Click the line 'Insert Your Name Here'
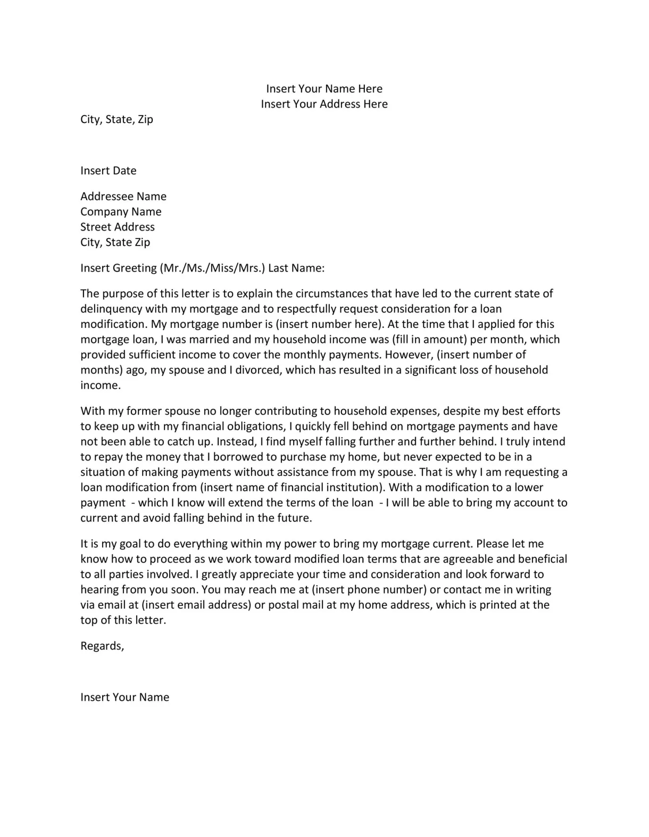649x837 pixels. point(324,88)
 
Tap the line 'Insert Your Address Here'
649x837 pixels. point(324,104)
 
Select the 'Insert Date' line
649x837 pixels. point(108,170)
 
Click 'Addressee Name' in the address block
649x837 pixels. point(123,196)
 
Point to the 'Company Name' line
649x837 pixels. point(121,211)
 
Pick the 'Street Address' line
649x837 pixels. point(118,227)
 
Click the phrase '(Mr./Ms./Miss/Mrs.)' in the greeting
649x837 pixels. point(212,268)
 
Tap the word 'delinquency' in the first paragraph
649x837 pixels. point(111,309)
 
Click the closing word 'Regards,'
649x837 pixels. point(102,646)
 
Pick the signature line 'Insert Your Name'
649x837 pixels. point(124,697)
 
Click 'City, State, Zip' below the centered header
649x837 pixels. point(117,119)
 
